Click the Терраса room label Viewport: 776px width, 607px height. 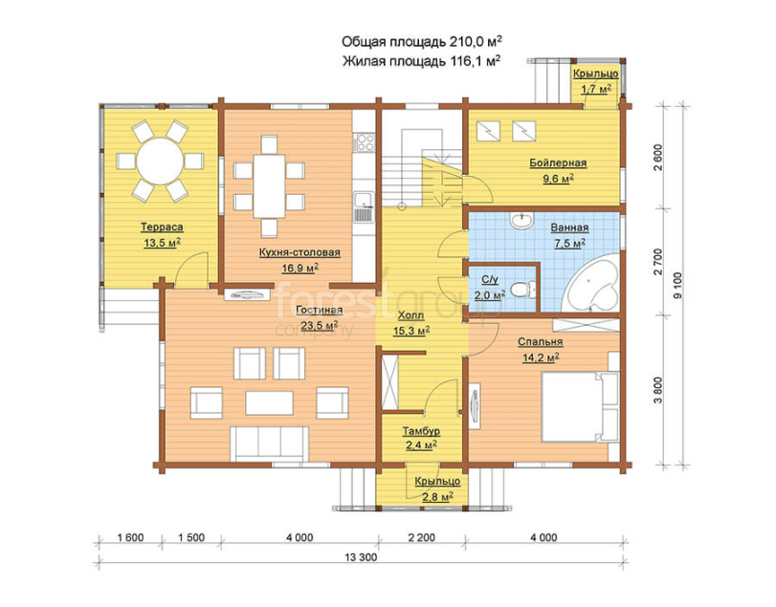(x=162, y=228)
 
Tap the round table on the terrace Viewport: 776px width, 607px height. (x=160, y=162)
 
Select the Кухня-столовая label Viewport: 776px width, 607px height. (x=299, y=252)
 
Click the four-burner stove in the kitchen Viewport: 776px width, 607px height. (x=364, y=141)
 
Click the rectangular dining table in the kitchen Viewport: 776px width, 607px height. (x=269, y=185)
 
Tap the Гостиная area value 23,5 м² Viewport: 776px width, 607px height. (x=320, y=325)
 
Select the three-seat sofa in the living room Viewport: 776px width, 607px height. (x=270, y=444)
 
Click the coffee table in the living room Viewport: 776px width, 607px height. (x=269, y=402)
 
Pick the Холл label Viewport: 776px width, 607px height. (x=410, y=314)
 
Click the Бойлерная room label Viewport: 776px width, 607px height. (x=558, y=163)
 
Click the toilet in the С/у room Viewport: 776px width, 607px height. (x=522, y=290)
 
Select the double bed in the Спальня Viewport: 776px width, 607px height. (x=580, y=407)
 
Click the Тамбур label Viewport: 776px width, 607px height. (x=421, y=431)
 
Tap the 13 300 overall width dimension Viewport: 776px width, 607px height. (x=361, y=557)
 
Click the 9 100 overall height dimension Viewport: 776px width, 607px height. (x=677, y=285)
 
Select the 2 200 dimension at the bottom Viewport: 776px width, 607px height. (x=422, y=537)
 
